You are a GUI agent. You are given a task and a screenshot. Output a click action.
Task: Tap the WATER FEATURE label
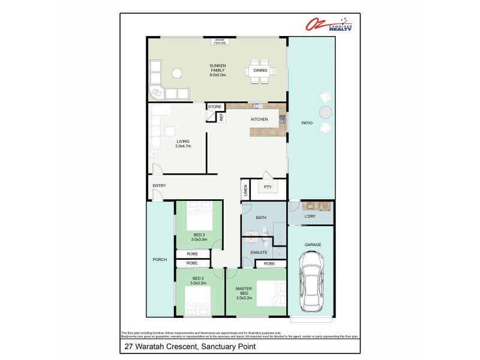coord(220,41)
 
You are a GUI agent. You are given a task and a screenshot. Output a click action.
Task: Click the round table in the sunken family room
coord(176,74)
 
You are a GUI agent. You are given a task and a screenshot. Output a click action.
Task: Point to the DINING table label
coord(260,71)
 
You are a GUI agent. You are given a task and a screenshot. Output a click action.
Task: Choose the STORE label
coord(215,107)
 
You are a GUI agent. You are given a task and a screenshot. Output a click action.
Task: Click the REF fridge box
coord(221,118)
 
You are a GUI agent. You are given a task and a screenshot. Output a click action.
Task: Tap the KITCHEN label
coord(259,119)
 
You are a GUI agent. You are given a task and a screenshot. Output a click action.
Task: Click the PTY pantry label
coord(268,187)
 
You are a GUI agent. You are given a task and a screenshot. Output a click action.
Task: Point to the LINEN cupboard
coord(245,190)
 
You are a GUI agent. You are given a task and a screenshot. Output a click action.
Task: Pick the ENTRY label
coord(159,185)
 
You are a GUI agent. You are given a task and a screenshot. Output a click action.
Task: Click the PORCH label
coord(160,260)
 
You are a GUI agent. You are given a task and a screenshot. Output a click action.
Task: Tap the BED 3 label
coord(199,234)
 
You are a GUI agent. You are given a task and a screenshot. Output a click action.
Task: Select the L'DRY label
coord(310,216)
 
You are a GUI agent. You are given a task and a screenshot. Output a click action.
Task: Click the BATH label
coord(261,217)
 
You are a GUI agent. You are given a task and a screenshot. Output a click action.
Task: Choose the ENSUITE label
coord(259,253)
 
